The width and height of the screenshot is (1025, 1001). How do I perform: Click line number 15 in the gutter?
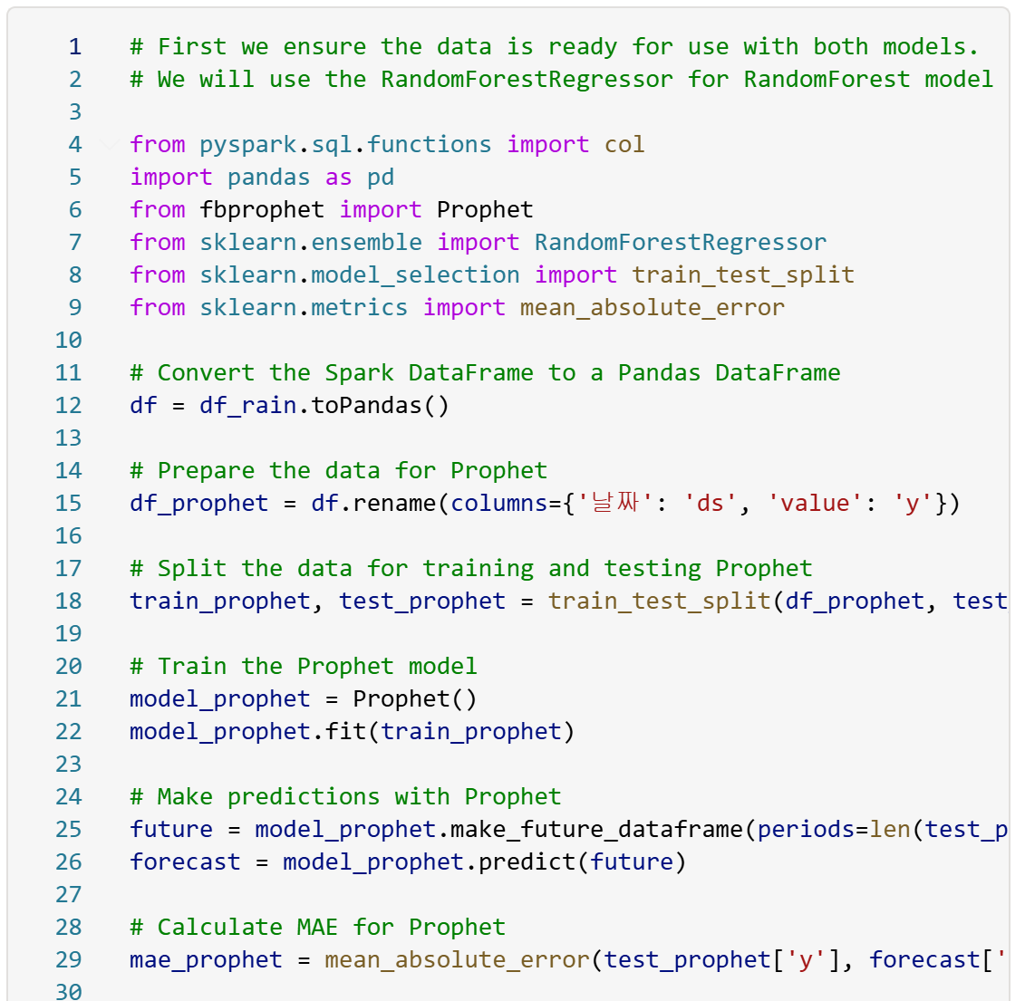tap(68, 503)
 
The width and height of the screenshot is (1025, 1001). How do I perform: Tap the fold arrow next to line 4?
tap(110, 144)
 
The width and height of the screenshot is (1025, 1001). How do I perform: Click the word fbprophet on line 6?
tap(262, 209)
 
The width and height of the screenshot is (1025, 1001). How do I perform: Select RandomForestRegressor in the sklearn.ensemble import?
tap(680, 242)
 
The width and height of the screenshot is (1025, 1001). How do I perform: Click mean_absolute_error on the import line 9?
tap(653, 307)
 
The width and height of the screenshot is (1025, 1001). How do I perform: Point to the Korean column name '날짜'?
tap(615, 503)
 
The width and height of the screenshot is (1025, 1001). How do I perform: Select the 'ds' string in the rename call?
tap(710, 503)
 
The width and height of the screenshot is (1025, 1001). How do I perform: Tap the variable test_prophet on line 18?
tap(422, 601)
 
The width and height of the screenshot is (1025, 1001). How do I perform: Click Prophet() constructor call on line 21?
tap(414, 698)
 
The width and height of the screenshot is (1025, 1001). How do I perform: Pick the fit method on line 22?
tap(345, 731)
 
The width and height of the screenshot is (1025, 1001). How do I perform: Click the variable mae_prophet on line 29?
tap(207, 959)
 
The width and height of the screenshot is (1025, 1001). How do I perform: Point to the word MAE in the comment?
tap(317, 927)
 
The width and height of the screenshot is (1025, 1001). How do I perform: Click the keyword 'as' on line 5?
tap(338, 177)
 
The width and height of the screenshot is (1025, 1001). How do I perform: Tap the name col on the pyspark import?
tap(624, 144)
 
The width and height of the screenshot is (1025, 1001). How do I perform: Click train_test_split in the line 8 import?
tap(743, 274)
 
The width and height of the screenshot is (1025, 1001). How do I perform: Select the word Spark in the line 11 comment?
tap(360, 372)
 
